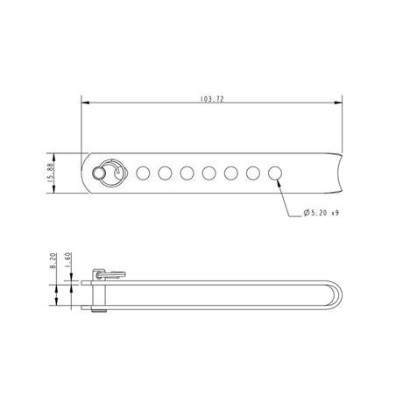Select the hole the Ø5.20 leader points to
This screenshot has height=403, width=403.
click(275, 173)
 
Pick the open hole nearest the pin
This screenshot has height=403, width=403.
click(143, 173)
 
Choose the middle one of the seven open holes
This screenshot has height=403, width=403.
click(209, 173)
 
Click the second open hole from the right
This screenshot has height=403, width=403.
click(253, 173)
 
